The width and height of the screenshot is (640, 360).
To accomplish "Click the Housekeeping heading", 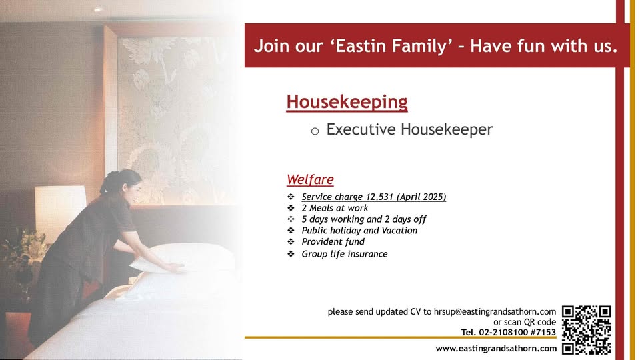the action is tap(347, 102).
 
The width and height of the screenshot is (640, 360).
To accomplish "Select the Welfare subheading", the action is tap(310, 179).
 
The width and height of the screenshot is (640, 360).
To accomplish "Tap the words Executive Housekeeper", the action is tap(409, 129).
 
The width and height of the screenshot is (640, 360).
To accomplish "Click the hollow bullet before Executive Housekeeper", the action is tap(315, 131).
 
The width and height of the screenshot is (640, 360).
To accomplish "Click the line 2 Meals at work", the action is tap(335, 208).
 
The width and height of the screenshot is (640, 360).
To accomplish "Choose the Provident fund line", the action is tap(333, 241).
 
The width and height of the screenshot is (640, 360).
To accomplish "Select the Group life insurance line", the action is tap(345, 254).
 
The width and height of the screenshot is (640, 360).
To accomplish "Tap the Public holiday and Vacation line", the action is tap(359, 231).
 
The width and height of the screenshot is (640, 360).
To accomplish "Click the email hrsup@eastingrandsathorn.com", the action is tap(495, 312).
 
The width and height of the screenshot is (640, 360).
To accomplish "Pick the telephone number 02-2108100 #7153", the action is tap(517, 332).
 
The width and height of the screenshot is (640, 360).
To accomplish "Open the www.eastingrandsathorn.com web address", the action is tap(496, 349).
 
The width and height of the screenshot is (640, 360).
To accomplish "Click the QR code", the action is tap(587, 330).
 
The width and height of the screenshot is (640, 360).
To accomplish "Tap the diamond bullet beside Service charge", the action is tap(291, 197).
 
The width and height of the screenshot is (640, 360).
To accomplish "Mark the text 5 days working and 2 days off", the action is tap(364, 219).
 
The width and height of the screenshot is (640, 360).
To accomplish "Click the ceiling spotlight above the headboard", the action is tap(98, 9).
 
